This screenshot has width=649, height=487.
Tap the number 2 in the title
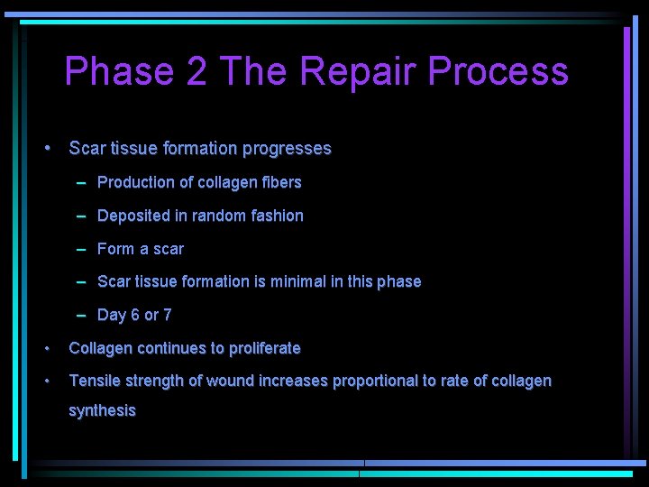197,71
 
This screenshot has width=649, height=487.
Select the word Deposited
133,216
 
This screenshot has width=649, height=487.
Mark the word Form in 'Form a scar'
115,249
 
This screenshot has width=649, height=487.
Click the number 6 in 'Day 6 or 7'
134,315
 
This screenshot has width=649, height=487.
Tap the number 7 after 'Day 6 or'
167,315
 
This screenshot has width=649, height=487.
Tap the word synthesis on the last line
102,411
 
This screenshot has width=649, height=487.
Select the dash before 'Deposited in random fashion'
81,216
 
